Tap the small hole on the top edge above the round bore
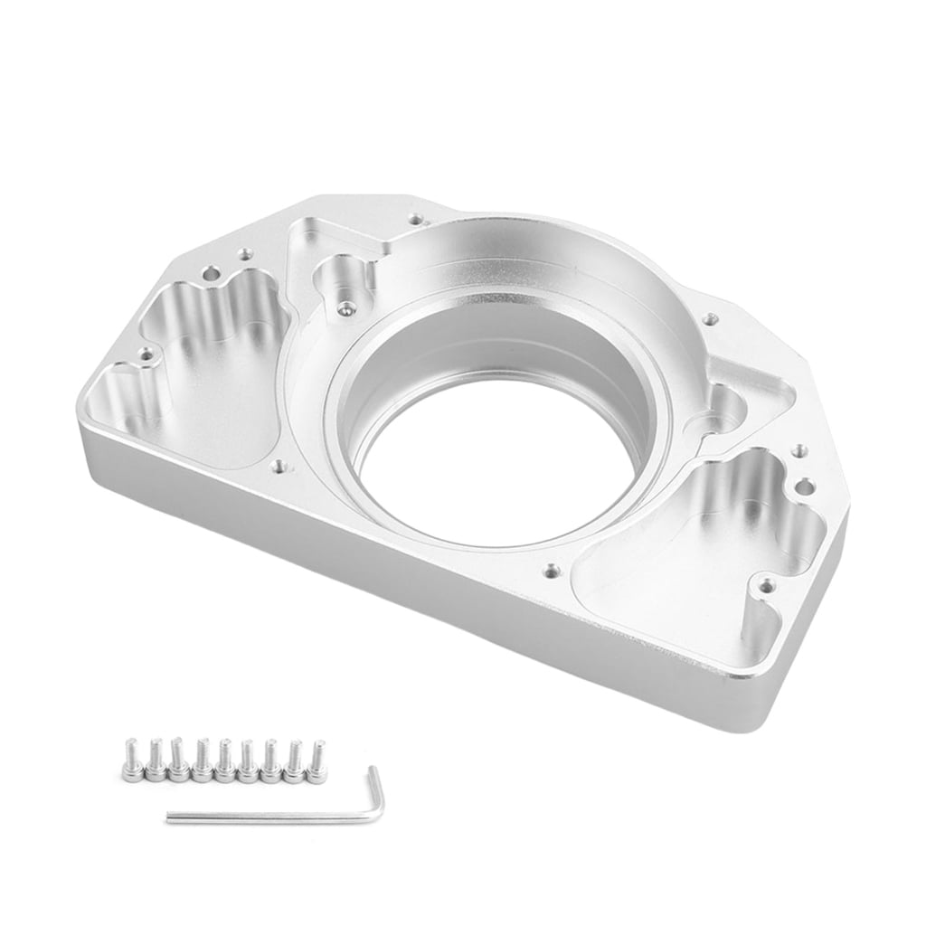click(415, 219)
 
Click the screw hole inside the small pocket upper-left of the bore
click(343, 309)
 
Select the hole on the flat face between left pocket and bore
click(279, 467)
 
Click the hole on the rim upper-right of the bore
click(711, 318)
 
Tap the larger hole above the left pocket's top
click(211, 271)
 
